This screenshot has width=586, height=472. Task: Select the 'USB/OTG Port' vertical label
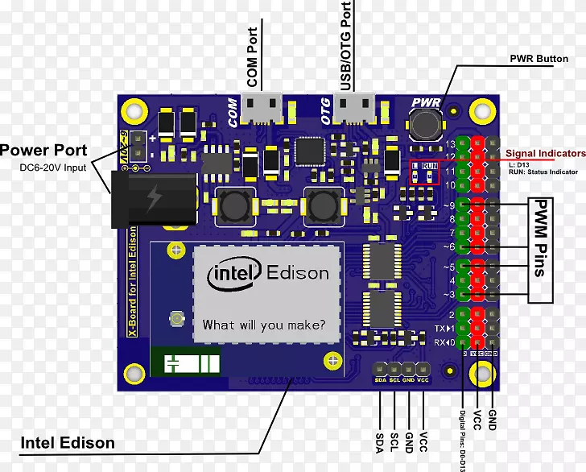[x=346, y=46]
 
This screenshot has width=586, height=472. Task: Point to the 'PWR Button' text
[x=539, y=59]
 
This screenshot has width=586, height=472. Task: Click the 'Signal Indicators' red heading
[x=545, y=153]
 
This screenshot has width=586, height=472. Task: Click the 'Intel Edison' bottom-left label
[x=68, y=442]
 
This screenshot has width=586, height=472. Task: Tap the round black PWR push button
[x=425, y=125]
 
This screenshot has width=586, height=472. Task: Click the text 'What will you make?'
[x=264, y=325]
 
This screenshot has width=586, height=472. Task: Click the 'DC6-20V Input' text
[x=52, y=168]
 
